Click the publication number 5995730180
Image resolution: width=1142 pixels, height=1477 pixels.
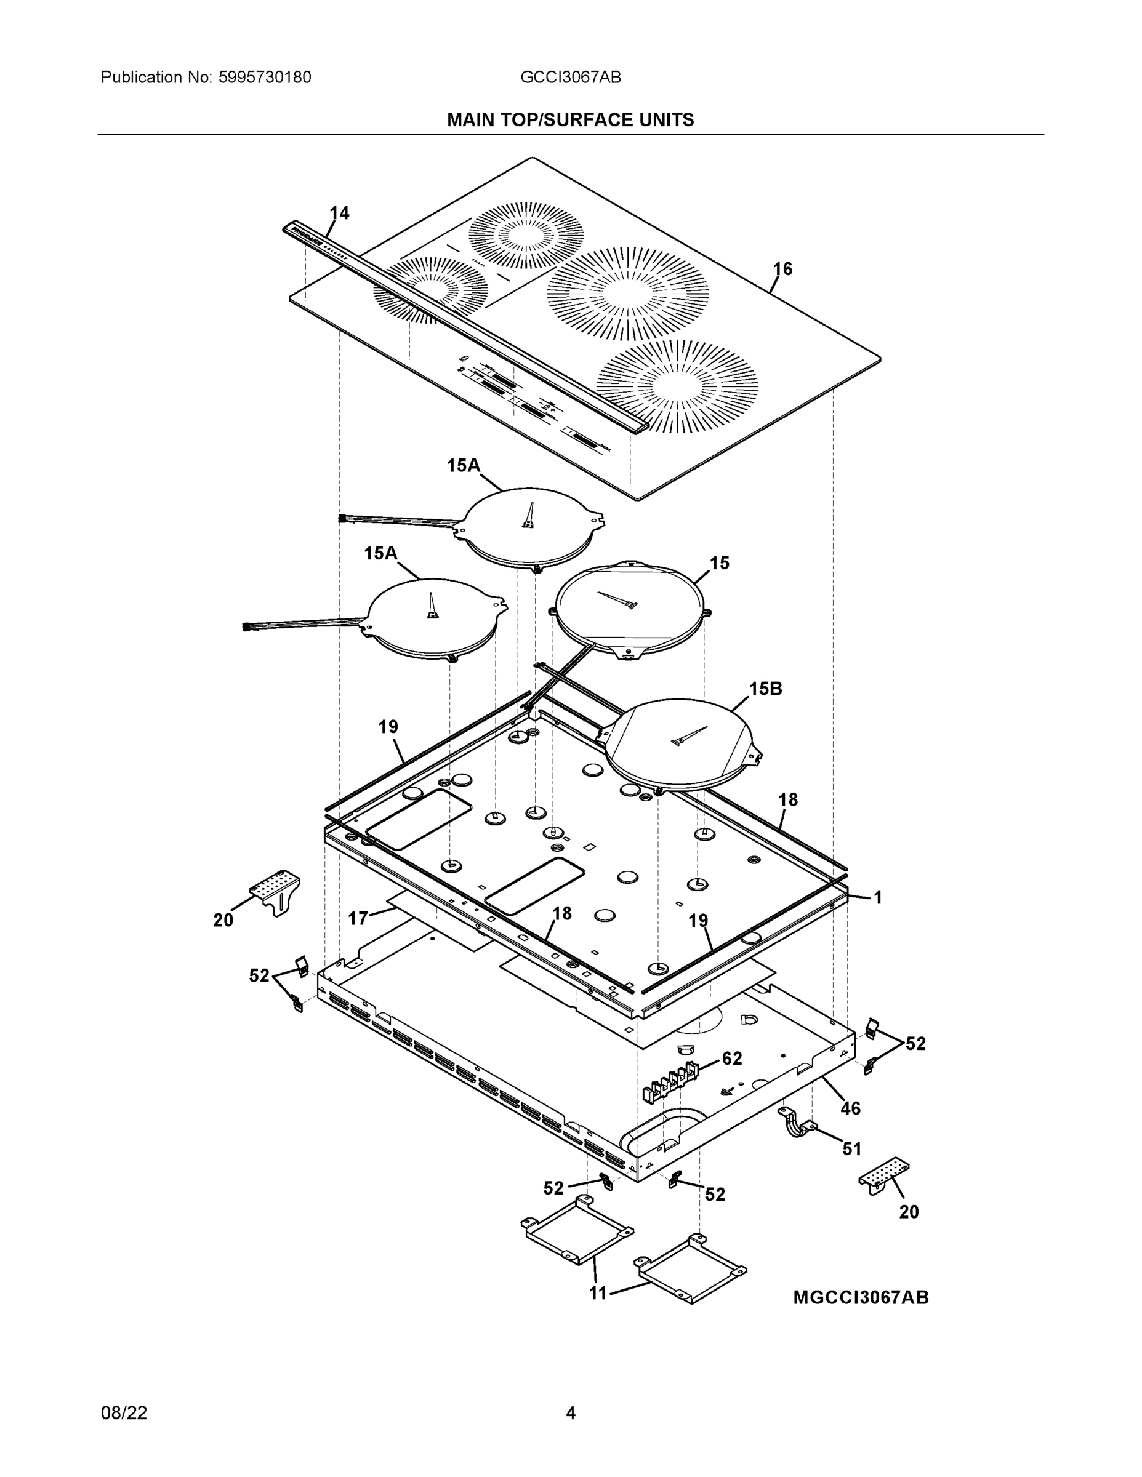point(264,77)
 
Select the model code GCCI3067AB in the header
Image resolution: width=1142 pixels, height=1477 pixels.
point(570,77)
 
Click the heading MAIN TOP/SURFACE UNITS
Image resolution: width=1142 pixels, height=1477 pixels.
point(570,120)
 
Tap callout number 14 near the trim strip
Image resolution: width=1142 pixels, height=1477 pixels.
point(339,213)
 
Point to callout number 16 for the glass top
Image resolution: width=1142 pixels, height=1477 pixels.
point(782,269)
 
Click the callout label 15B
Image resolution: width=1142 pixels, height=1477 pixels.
point(765,689)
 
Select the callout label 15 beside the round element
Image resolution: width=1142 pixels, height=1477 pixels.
point(719,562)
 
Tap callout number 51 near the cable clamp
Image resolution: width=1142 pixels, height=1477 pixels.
point(852,1148)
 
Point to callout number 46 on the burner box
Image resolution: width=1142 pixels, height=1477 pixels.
point(850,1108)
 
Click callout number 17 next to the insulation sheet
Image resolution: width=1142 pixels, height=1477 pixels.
point(358,918)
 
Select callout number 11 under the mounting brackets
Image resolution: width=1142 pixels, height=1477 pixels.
point(598,1293)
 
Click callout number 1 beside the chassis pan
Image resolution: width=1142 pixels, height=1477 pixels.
point(877,897)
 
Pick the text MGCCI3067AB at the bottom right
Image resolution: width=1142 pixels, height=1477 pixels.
point(861,1297)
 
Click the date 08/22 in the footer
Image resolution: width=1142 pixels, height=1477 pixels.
point(124,1413)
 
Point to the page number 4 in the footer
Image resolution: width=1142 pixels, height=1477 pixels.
point(570,1413)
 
